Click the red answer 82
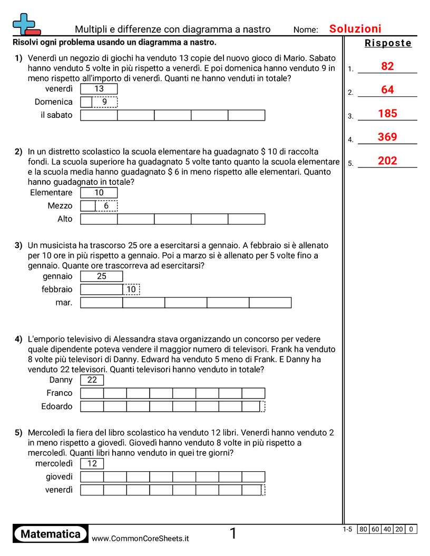[x=387, y=66]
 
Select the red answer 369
[x=387, y=137]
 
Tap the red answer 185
[x=387, y=114]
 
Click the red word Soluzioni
[x=355, y=29]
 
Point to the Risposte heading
[x=388, y=43]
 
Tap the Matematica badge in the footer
[x=51, y=534]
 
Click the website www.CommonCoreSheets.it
[x=140, y=538]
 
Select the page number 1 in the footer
[x=233, y=534]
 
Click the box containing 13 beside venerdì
[x=99, y=89]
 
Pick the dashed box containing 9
[x=105, y=102]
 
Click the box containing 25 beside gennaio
[x=102, y=276]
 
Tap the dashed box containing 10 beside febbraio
[x=131, y=290]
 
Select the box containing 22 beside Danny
[x=92, y=380]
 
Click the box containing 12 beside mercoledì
[x=92, y=464]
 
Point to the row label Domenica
[x=54, y=102]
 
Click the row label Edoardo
[x=57, y=406]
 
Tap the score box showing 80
[x=363, y=529]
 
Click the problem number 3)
[x=18, y=245]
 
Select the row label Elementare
[x=51, y=193]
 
